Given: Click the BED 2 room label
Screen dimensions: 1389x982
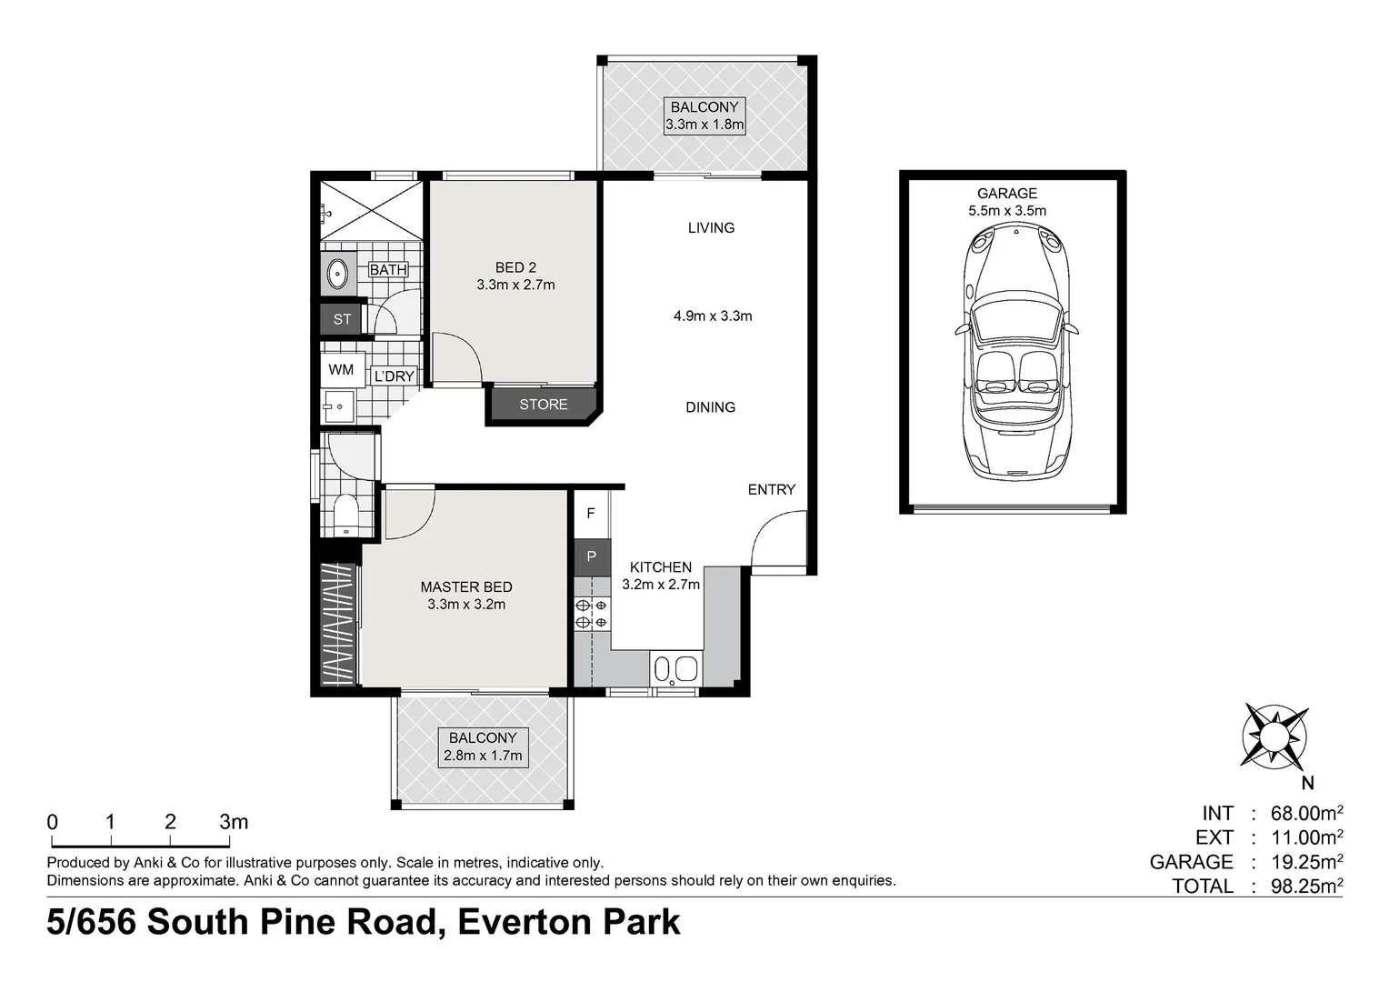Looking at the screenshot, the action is point(515,267).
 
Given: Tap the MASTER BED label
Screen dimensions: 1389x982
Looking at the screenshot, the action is point(466,586).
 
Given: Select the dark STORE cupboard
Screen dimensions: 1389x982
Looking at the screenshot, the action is point(544,406).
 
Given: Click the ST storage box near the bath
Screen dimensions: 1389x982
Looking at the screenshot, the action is point(342,319).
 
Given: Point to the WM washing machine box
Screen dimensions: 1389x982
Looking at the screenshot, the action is point(341,370).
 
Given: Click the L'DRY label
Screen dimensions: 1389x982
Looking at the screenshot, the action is point(395,376).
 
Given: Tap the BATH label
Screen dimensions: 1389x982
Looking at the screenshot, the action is point(388,270).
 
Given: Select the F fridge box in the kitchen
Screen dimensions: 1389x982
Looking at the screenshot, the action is point(591,514).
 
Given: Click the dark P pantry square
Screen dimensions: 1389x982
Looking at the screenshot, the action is point(592,556).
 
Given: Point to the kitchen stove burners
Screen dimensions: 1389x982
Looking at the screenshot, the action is point(592,613).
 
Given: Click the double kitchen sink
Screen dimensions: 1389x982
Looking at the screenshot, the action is point(676,668).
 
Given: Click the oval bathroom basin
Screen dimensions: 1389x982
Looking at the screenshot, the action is point(337,274).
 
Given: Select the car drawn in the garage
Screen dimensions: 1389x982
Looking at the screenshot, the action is point(1016,353).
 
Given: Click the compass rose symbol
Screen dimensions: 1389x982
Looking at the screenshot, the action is point(1274,737).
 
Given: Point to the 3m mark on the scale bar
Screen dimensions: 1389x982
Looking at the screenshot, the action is point(230,840).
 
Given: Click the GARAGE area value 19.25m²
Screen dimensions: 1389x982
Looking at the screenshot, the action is point(1307,862).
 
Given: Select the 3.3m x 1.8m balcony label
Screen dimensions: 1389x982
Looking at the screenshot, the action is point(704,125).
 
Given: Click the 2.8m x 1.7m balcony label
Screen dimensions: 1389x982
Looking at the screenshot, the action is point(483,757).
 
